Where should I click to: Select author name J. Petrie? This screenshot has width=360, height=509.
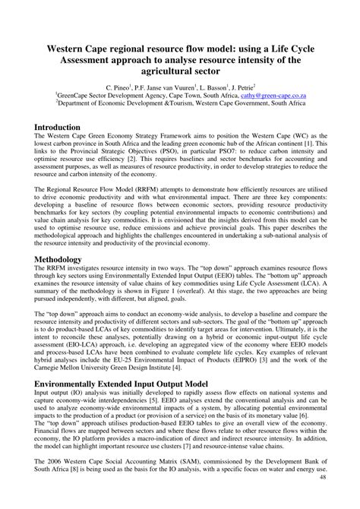click(x=241, y=88)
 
